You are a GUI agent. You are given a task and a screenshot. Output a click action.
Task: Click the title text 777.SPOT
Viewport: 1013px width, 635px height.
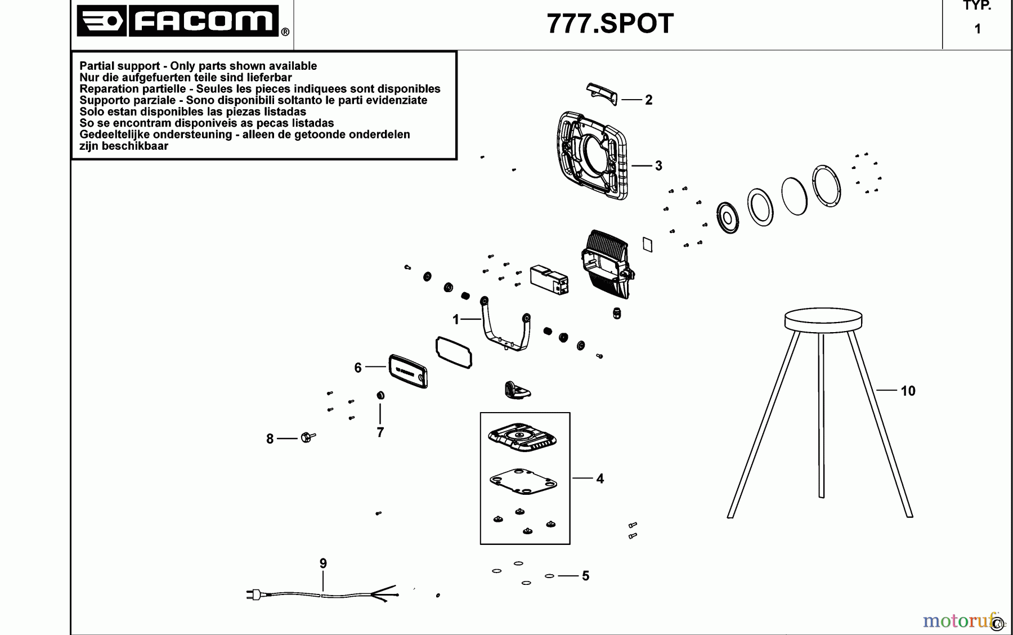[610, 24]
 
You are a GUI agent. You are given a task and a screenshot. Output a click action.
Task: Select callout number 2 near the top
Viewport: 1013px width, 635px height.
[648, 100]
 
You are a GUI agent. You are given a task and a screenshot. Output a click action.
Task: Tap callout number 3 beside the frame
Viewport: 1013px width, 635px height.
[658, 166]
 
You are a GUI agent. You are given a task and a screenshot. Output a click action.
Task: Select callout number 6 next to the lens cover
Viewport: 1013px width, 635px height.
[358, 368]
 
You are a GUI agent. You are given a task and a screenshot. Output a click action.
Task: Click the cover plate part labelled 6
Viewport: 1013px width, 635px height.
[407, 370]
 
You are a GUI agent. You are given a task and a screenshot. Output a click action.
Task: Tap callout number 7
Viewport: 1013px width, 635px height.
[380, 432]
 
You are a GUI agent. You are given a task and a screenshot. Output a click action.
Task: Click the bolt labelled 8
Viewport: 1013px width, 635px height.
[307, 437]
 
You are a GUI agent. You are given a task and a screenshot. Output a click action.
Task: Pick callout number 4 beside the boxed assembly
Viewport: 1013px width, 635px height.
[600, 479]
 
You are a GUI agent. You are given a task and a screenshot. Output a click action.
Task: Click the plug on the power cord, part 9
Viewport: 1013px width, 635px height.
[253, 594]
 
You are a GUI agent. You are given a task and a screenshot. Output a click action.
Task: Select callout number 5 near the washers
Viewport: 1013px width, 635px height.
[585, 576]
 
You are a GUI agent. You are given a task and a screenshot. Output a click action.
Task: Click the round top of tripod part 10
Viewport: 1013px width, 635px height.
[823, 319]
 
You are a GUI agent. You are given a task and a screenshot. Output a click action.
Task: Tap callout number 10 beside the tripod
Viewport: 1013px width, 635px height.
[908, 391]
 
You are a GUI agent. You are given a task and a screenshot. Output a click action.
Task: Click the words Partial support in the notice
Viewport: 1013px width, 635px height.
[119, 66]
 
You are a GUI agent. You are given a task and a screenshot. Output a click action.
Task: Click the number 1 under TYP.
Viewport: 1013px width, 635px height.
[978, 29]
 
